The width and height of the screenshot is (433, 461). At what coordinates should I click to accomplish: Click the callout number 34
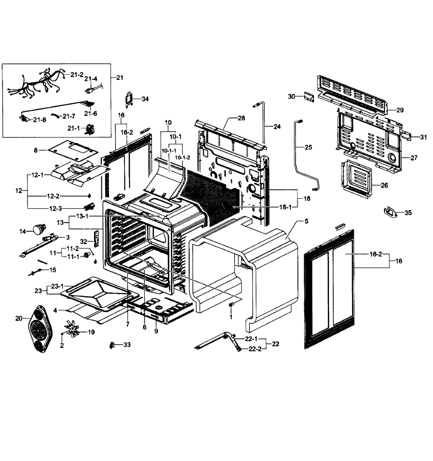(145, 99)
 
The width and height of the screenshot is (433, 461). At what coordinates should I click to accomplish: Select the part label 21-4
(91, 79)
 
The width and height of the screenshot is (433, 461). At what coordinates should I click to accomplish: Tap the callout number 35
(408, 212)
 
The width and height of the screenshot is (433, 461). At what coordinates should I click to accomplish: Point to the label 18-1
(285, 207)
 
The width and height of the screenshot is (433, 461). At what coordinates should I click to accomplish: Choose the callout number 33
(127, 345)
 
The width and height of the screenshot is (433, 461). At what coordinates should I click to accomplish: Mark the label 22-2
(255, 349)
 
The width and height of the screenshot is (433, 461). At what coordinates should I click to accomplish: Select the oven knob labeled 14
(38, 230)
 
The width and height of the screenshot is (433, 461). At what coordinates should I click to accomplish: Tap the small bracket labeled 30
(309, 96)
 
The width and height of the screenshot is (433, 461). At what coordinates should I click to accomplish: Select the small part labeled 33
(112, 345)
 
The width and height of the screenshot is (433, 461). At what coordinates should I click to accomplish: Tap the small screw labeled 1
(231, 305)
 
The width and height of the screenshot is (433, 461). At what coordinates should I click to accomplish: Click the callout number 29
(400, 110)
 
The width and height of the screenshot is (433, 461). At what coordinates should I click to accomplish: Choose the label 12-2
(53, 196)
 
